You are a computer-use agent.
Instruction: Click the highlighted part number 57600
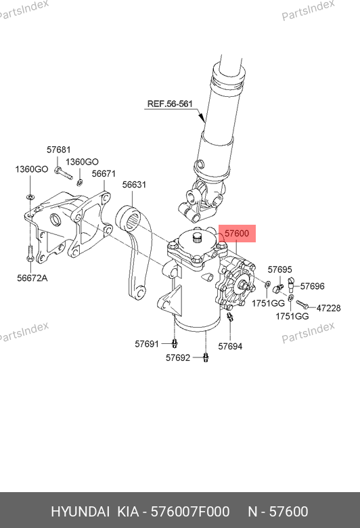237,233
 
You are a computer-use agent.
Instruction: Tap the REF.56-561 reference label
170,104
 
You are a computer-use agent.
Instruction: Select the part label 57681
59,150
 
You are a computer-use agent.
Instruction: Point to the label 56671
104,174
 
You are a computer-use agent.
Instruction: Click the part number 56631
134,185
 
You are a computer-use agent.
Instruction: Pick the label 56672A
32,278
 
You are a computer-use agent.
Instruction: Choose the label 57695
280,269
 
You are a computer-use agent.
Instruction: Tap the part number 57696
312,286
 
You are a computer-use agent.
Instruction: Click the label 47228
328,308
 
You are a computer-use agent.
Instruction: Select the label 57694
230,346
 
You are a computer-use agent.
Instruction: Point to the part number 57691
147,344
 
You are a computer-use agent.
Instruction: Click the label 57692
178,357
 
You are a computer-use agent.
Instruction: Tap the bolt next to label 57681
64,173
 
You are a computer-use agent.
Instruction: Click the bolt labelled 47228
302,305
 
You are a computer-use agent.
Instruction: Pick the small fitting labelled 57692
206,357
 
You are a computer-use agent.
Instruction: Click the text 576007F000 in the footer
190,512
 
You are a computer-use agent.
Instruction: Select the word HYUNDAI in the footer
80,512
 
